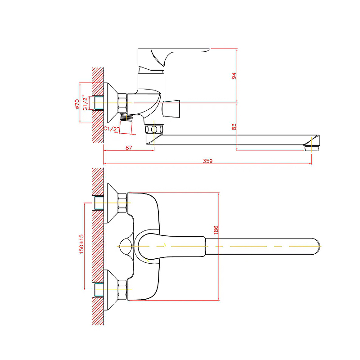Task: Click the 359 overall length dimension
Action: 207,161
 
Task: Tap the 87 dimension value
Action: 129,148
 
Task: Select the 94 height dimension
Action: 234,76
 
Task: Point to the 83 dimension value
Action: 234,127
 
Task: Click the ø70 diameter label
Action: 77,104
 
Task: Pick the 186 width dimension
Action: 216,230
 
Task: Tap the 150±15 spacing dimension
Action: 81,244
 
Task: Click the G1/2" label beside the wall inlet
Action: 85,103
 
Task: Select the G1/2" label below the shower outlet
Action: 112,129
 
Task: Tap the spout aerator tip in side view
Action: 312,148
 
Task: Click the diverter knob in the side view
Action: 171,108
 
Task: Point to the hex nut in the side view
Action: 122,103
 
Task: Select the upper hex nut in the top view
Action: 122,203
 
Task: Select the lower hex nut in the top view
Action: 122,290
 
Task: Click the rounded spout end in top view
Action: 316,246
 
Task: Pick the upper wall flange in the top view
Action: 111,203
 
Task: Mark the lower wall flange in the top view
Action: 111,290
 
